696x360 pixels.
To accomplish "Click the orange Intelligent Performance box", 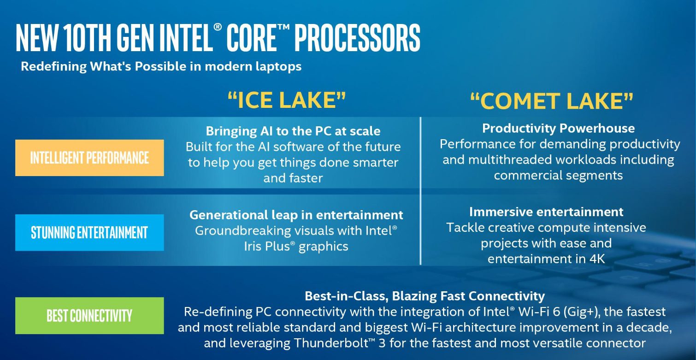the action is pos(89,158).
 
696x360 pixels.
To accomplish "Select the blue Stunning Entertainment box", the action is pos(89,232).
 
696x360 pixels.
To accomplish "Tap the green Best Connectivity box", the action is pos(89,316).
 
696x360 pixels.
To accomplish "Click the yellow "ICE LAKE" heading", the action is pos(287,100).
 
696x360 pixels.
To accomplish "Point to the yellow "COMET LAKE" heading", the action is pos(552,101).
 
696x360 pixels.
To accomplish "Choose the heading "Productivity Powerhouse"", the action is pos(558,128).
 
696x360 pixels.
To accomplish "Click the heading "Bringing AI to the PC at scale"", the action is pos(293,131).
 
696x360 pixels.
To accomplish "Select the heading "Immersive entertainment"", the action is pos(546,212).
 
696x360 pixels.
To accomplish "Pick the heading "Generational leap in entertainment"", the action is pos(296,215).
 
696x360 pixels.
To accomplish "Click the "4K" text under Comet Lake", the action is pos(597,259).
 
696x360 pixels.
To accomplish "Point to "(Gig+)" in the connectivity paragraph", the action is pos(581,312).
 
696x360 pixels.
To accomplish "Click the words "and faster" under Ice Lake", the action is pos(293,178).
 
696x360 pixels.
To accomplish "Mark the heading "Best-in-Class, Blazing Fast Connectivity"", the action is pos(425,296).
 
